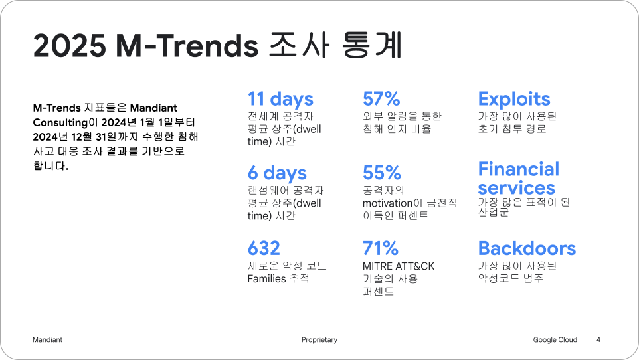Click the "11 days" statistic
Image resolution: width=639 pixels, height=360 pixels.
(280, 99)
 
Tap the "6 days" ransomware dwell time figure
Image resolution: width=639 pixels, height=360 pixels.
(277, 173)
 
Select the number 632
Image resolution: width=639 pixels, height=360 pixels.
(264, 248)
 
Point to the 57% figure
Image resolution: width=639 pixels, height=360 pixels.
(381, 99)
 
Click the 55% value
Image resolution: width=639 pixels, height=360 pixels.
(382, 173)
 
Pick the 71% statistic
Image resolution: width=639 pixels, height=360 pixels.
(380, 248)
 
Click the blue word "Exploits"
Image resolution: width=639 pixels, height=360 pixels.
(514, 99)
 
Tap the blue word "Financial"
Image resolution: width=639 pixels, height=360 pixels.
(518, 169)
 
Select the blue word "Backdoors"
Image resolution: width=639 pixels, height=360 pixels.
(527, 248)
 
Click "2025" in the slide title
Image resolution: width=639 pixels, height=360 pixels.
(69, 45)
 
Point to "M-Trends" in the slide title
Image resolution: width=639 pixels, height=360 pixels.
(187, 45)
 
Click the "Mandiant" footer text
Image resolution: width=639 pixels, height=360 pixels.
(47, 339)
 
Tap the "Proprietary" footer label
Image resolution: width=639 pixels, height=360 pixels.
(319, 340)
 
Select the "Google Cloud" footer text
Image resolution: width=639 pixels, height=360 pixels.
(555, 339)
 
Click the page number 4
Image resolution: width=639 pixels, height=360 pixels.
(598, 339)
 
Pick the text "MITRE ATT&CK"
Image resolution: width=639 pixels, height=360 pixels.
(398, 266)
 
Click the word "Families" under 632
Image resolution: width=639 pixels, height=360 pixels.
(266, 278)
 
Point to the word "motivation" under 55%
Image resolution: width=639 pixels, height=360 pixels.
(387, 203)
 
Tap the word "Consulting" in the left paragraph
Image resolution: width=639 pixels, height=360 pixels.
(60, 122)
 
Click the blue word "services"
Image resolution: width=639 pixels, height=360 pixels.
(516, 188)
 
